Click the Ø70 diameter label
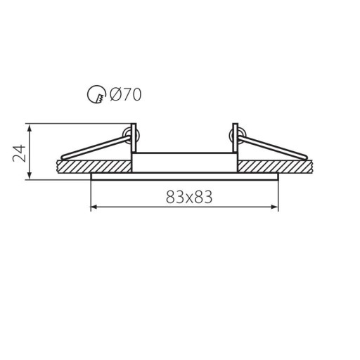[x=126, y=94]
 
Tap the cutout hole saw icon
[x=96, y=94]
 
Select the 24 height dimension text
[x=19, y=153]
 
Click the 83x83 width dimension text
[x=189, y=197]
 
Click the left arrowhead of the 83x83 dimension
[x=94, y=207]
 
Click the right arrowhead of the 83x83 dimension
[x=275, y=207]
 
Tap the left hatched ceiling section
[x=94, y=167]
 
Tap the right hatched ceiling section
[x=275, y=167]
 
